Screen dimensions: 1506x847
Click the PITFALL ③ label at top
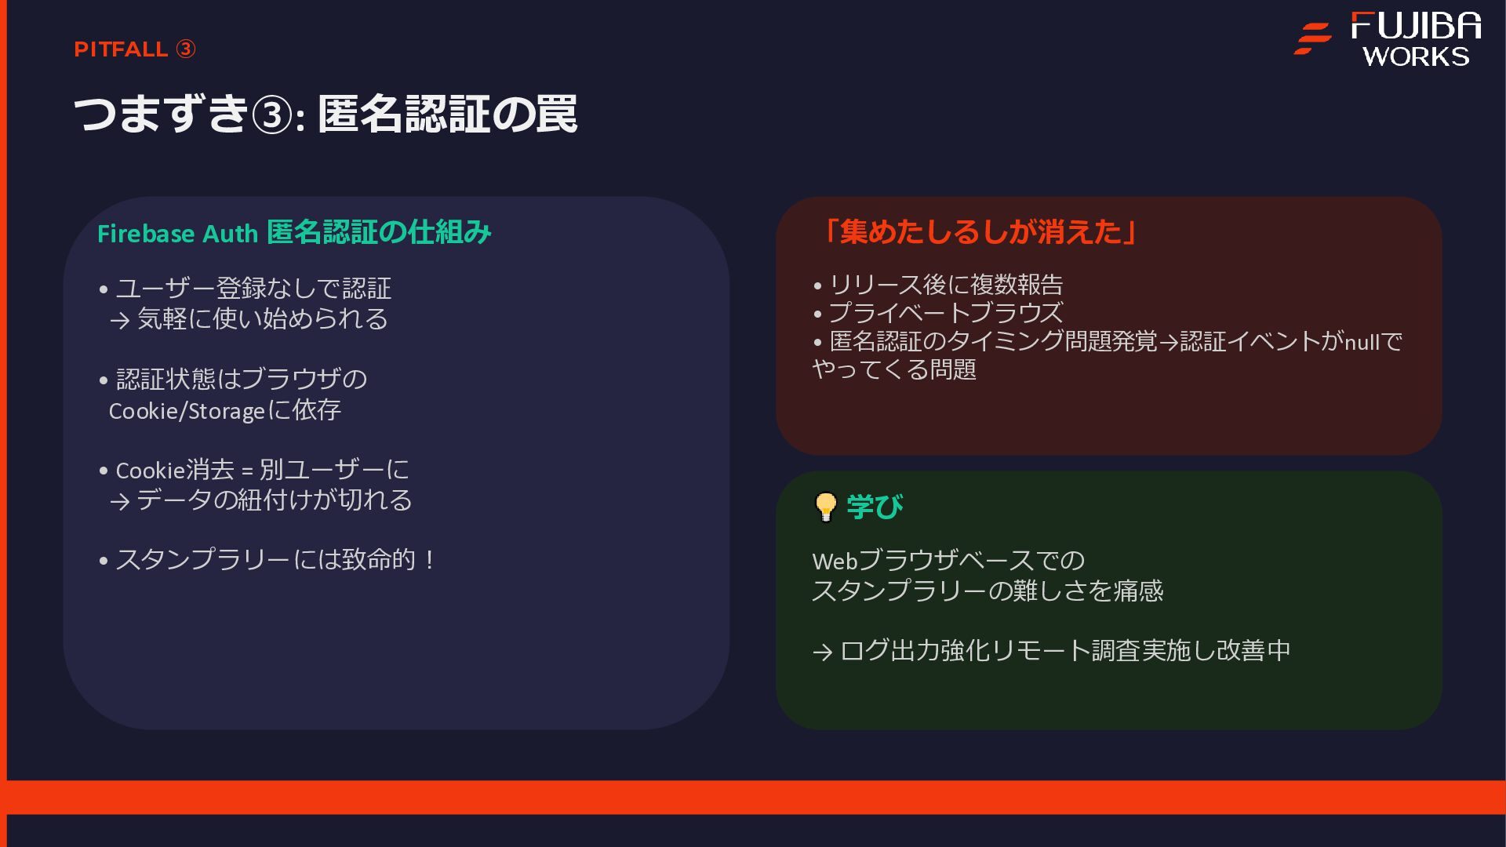click(x=134, y=49)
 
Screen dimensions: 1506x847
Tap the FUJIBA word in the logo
click(x=1416, y=26)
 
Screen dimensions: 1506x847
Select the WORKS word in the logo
click(x=1416, y=56)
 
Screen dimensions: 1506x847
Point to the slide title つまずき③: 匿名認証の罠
click(x=326, y=114)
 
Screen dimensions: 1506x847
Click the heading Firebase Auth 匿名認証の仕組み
click(x=294, y=233)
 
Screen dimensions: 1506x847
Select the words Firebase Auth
click(x=177, y=234)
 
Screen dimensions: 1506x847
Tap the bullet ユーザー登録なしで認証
click(x=253, y=289)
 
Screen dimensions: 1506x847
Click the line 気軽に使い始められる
click(x=262, y=319)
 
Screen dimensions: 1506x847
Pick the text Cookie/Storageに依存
click(x=224, y=410)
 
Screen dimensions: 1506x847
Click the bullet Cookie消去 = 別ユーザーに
click(x=262, y=470)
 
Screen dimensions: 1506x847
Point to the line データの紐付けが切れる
click(x=274, y=500)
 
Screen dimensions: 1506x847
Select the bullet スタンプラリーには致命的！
click(x=275, y=560)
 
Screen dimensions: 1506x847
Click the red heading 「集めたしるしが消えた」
click(x=979, y=232)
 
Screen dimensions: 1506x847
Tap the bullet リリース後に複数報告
click(x=945, y=284)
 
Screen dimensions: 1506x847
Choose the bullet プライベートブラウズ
click(x=945, y=312)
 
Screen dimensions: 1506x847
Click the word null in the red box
click(x=1362, y=342)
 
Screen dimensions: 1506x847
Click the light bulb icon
click(x=826, y=507)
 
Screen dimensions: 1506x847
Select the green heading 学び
click(x=875, y=507)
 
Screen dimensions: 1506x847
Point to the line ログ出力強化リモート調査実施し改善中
click(x=1064, y=650)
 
